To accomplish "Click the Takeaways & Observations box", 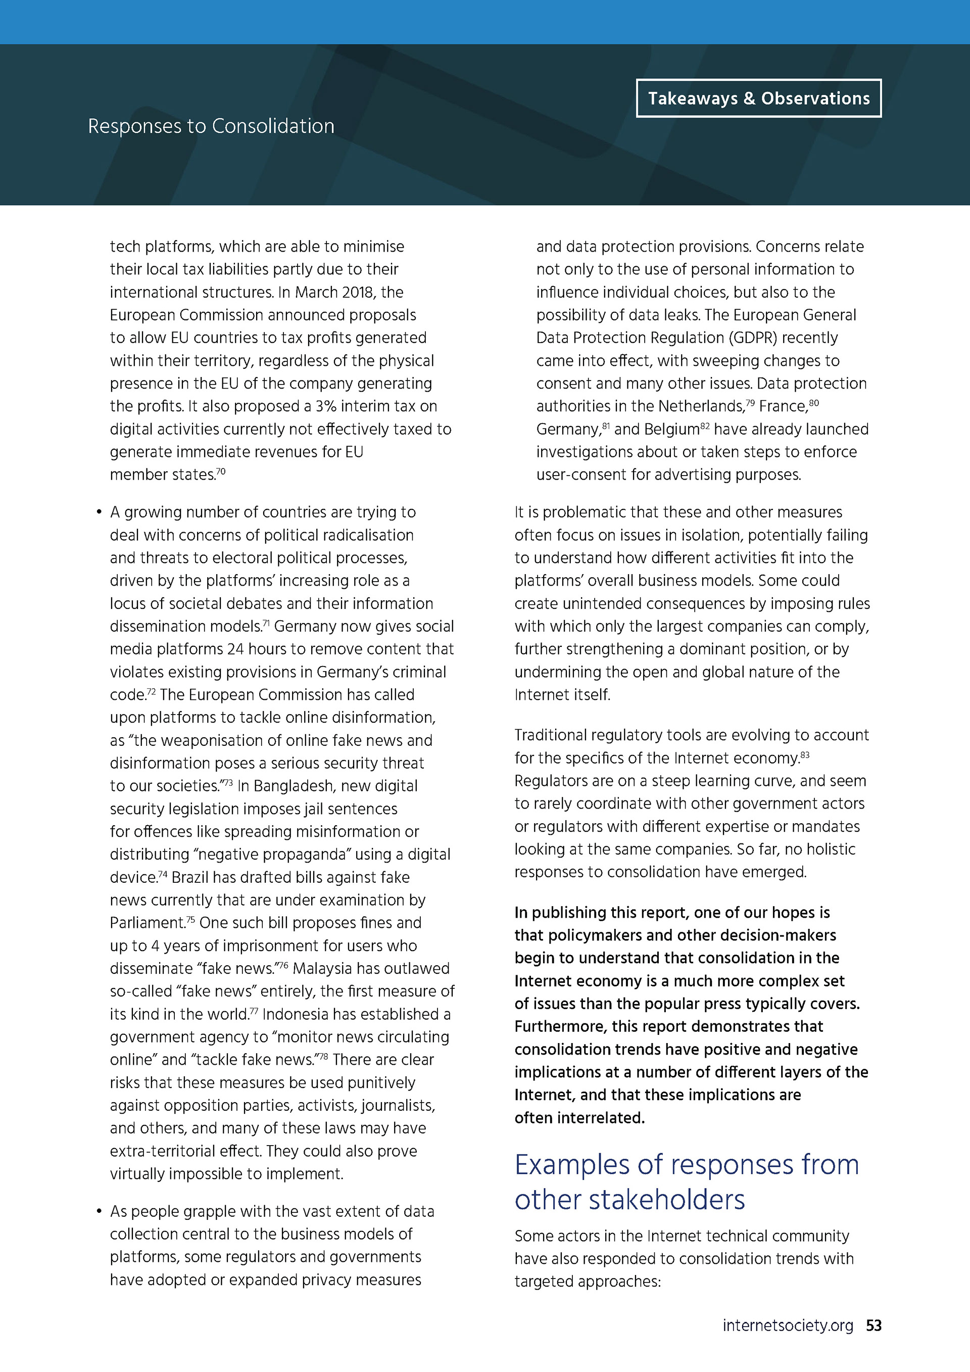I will pyautogui.click(x=758, y=99).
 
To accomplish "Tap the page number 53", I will pyautogui.click(x=874, y=1326).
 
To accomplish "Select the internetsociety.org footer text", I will pyautogui.click(x=787, y=1326).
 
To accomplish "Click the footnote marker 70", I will pyautogui.click(x=221, y=471).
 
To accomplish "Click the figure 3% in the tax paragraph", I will pyautogui.click(x=326, y=406).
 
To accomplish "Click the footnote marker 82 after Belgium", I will pyautogui.click(x=705, y=426).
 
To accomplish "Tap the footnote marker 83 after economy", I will pyautogui.click(x=805, y=755).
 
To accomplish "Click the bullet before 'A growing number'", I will pyautogui.click(x=99, y=513).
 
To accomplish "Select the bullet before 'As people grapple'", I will pyautogui.click(x=99, y=1211).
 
